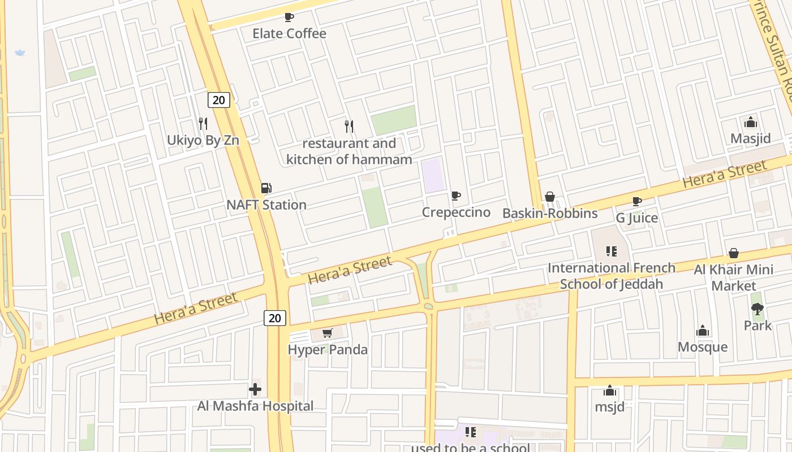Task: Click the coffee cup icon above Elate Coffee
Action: pyautogui.click(x=289, y=17)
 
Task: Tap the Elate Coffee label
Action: pyautogui.click(x=289, y=33)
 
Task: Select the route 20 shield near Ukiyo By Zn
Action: pyautogui.click(x=218, y=100)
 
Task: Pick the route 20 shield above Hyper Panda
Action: pyautogui.click(x=275, y=318)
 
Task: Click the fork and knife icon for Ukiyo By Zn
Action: pyautogui.click(x=203, y=123)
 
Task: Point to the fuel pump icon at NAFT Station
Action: pyautogui.click(x=266, y=188)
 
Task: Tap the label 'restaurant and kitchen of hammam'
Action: pyautogui.click(x=349, y=151)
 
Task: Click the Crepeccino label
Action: pyautogui.click(x=456, y=212)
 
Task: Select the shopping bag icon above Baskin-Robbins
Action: pyautogui.click(x=549, y=197)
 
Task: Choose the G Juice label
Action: pyautogui.click(x=637, y=218)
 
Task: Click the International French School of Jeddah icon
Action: pyautogui.click(x=611, y=251)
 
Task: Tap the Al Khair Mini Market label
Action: pyautogui.click(x=734, y=277)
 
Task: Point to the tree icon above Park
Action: pyautogui.click(x=757, y=308)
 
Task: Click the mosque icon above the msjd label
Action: pyautogui.click(x=610, y=390)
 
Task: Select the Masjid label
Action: pyautogui.click(x=751, y=138)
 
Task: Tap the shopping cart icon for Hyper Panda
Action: pyautogui.click(x=327, y=333)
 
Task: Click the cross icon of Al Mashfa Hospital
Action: pyautogui.click(x=255, y=389)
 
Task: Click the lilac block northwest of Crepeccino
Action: pyautogui.click(x=433, y=175)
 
